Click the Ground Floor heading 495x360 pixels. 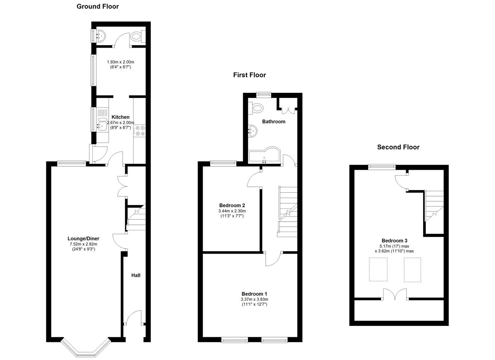click(97, 7)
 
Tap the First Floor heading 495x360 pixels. click(249, 75)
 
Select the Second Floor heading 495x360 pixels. click(398, 147)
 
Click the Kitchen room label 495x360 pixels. click(120, 117)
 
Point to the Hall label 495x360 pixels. click(136, 275)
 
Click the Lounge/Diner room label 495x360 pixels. click(83, 239)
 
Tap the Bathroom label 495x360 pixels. click(273, 121)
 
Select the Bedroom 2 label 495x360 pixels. click(232, 206)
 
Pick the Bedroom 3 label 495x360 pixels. click(394, 241)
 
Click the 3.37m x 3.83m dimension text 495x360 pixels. click(254, 299)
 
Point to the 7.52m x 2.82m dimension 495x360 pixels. click(84, 244)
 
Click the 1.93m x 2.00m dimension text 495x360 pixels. click(120, 62)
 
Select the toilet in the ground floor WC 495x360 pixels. click(137, 36)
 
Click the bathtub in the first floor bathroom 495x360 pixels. click(265, 155)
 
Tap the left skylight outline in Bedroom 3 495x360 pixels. click(378, 270)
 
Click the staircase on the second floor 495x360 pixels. click(434, 206)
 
